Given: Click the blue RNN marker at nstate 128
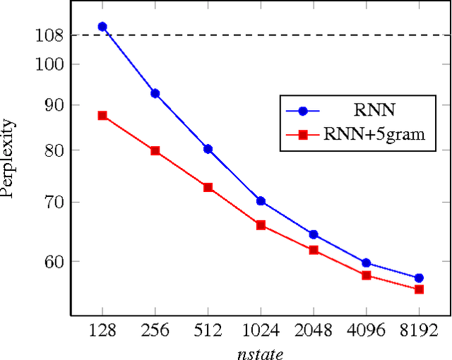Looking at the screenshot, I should click(x=102, y=27).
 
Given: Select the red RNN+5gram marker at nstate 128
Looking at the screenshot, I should click(x=102, y=116).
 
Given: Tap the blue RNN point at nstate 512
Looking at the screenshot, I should click(x=208, y=149).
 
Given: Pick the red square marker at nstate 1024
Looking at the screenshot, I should click(x=261, y=225).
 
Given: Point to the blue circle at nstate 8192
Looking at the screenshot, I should click(x=419, y=278).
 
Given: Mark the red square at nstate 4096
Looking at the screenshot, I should click(x=367, y=275).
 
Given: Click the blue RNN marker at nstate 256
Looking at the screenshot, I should click(x=155, y=93).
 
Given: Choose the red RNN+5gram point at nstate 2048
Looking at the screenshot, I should click(x=314, y=250).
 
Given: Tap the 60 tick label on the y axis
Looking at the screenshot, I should click(x=54, y=261).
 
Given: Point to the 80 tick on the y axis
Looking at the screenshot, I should click(x=54, y=150).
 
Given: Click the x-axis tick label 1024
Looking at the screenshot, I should click(x=261, y=330).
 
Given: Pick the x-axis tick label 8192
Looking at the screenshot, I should click(x=419, y=330).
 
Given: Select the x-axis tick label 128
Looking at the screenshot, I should click(x=102, y=330).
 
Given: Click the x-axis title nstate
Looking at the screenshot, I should click(x=261, y=351).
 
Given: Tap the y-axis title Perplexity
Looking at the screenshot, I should click(x=8, y=158).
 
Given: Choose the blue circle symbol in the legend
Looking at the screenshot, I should click(x=303, y=111).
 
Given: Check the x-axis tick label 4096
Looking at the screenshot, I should click(x=367, y=330).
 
